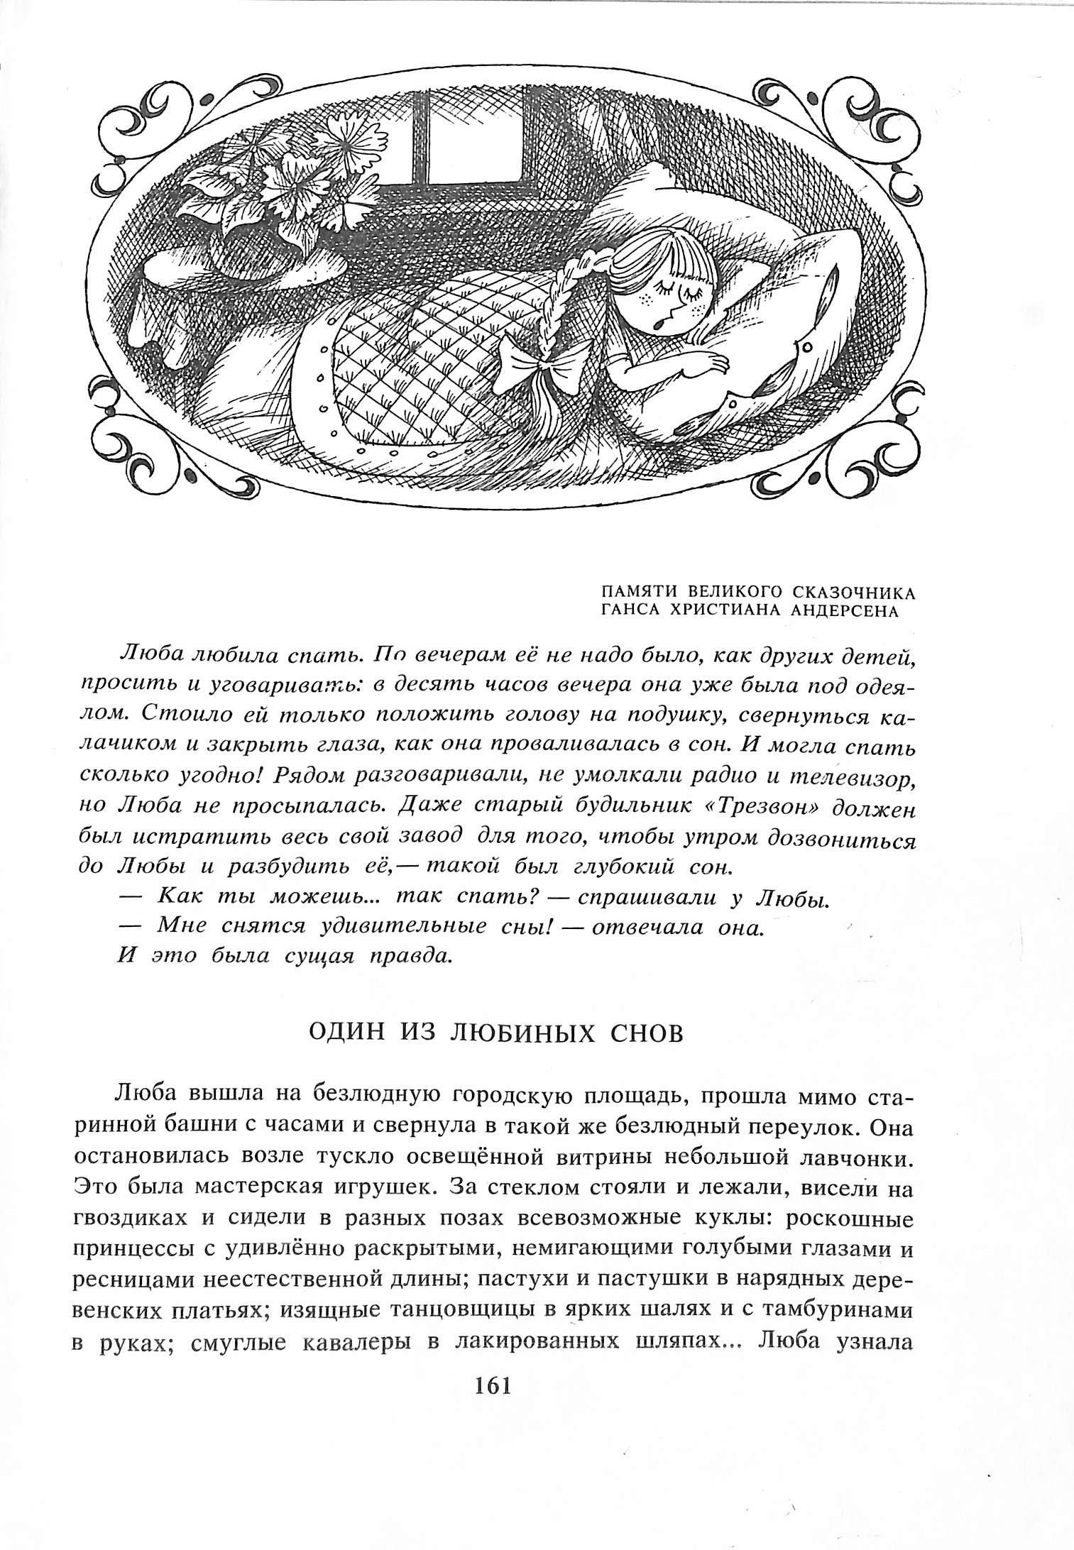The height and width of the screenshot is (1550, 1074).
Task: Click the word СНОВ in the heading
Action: pos(648,1033)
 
